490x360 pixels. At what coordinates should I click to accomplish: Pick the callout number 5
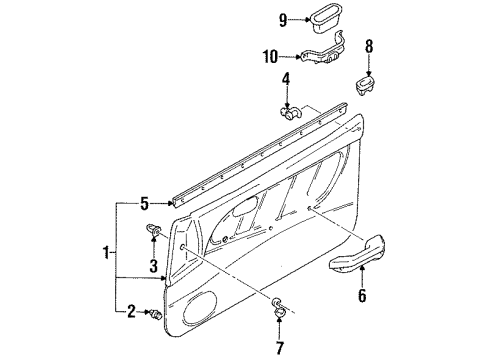tap(146, 204)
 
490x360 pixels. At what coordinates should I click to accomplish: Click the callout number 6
tap(362, 297)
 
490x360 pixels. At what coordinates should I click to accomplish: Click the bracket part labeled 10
tap(326, 53)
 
